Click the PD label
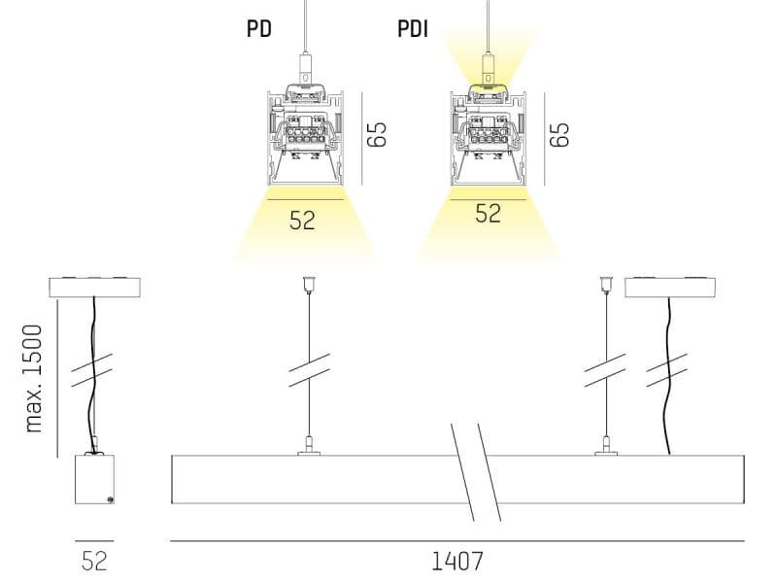259,28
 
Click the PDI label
413,29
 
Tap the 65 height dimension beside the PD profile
377,134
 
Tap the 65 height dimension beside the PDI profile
559,134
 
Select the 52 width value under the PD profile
302,221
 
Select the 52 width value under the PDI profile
489,213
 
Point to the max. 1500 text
34,379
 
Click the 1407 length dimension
456,562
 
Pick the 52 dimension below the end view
94,562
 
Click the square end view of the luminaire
94,479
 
